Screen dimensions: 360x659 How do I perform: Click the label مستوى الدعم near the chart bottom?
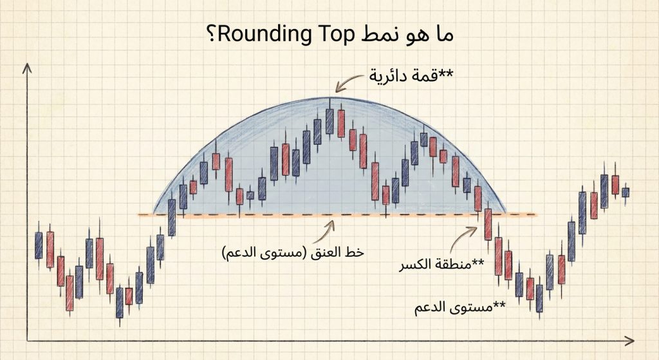pos(461,307)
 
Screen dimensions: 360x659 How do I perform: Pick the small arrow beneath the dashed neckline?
pos(332,225)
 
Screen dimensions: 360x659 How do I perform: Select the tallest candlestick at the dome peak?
pos(330,120)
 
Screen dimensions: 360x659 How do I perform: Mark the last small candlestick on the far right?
pos(625,192)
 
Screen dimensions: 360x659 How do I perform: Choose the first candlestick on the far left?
pos(39,245)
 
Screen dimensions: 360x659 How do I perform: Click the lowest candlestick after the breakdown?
pos(539,300)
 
